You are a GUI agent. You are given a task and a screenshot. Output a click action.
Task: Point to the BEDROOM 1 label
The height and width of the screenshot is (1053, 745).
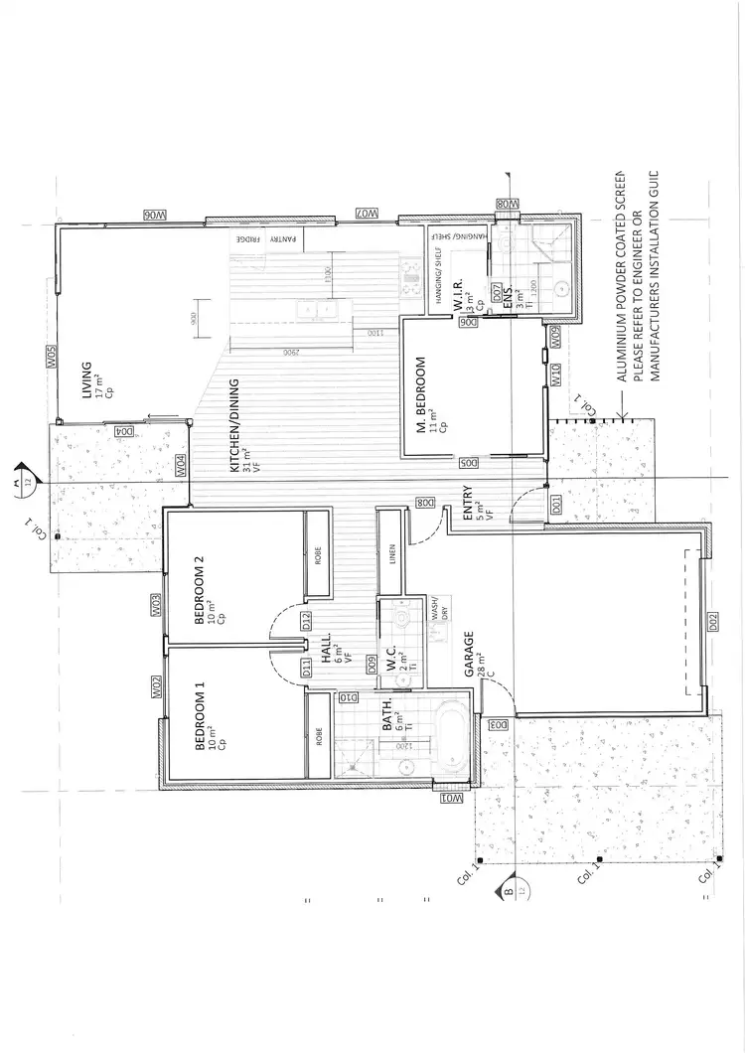point(201,715)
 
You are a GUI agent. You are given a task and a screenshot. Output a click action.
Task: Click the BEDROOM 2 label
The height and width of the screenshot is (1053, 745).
point(201,590)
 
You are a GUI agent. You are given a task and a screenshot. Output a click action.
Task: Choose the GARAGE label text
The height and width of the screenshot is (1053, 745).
point(467,656)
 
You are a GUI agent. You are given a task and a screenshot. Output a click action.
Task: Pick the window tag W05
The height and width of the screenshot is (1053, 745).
point(50,359)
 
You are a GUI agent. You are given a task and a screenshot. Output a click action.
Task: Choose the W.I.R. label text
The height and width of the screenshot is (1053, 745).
point(460,291)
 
